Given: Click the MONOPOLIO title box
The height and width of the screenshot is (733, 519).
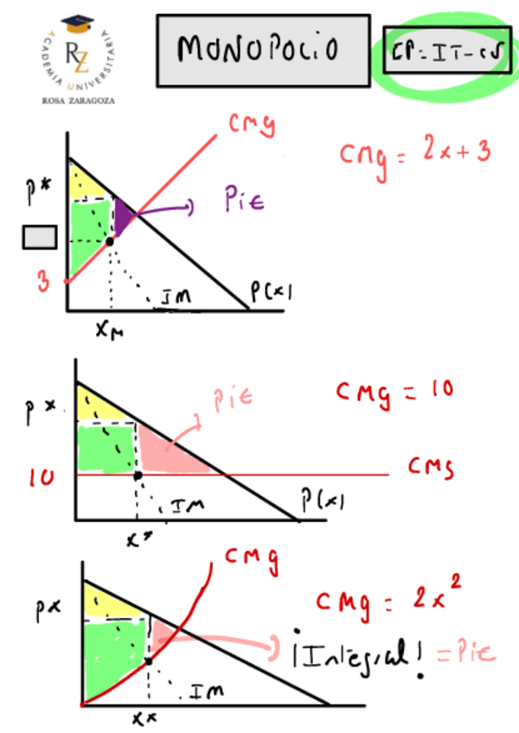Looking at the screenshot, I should coord(263,50).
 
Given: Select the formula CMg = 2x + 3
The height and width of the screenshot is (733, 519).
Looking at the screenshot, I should coord(414,151).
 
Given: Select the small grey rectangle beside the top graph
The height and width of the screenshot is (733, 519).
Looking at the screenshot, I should coord(40,236).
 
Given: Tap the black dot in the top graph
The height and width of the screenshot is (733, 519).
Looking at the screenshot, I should coord(110,241).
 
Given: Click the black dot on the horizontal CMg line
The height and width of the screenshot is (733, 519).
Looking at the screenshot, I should coord(138,476).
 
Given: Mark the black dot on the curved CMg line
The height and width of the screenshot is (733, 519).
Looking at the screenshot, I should coord(149,660).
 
